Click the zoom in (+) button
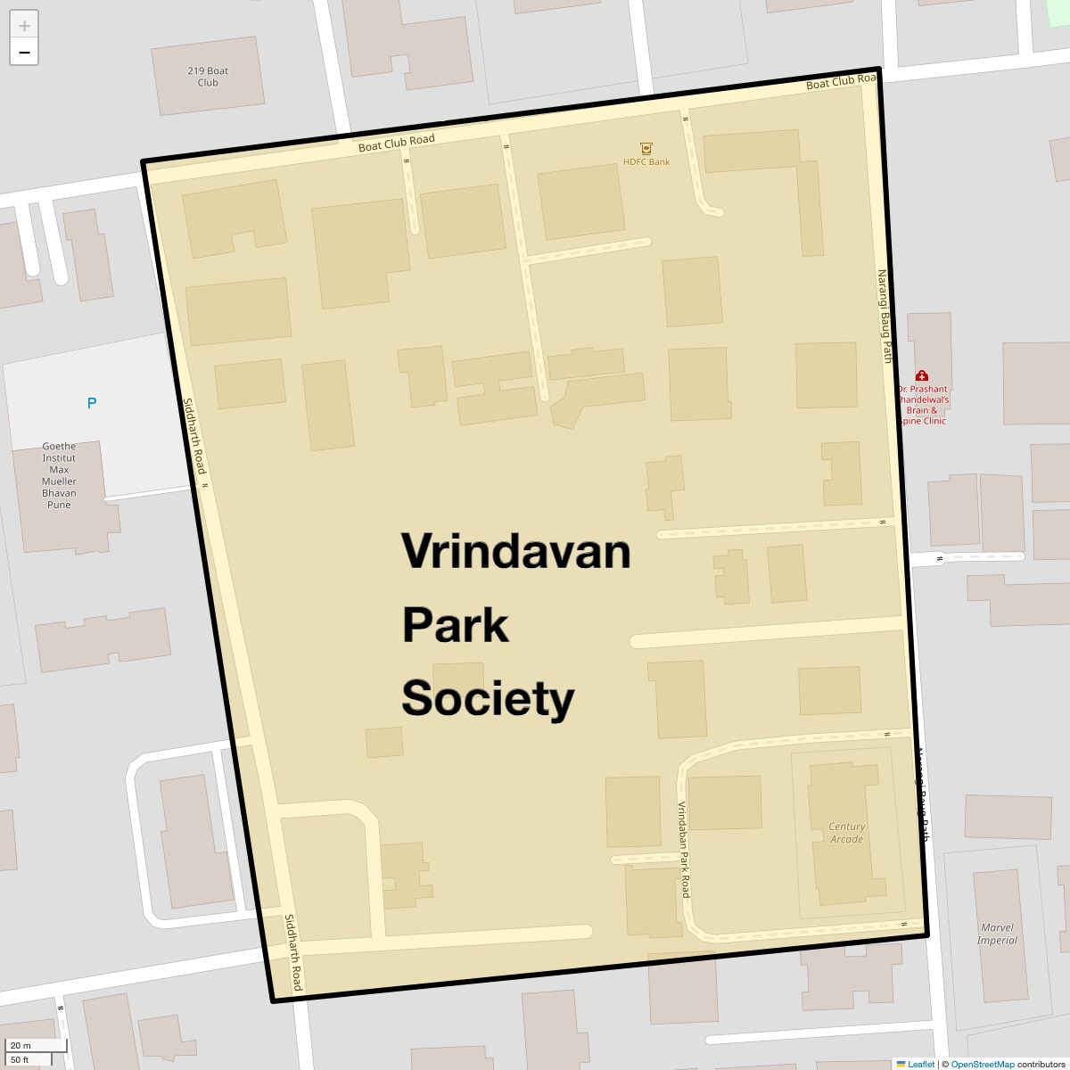coord(24,25)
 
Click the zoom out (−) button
coord(24,53)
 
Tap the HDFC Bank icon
coord(646,148)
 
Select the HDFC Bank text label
coord(646,162)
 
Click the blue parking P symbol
coord(91,403)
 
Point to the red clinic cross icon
coord(922,376)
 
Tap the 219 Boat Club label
coord(208,77)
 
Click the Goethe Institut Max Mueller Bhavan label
coord(59,475)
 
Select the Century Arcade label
coord(846,833)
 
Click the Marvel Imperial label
coord(997,934)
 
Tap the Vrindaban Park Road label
coord(684,849)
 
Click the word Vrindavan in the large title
coord(515,551)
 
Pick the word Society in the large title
coord(488,698)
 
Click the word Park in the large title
coord(455,625)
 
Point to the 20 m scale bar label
coord(21,1046)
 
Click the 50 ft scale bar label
coord(21,1059)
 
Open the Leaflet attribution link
coord(920,1064)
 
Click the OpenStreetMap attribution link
coord(982,1064)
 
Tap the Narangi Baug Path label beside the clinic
coord(885,317)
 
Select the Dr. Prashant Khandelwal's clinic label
coord(923,405)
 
